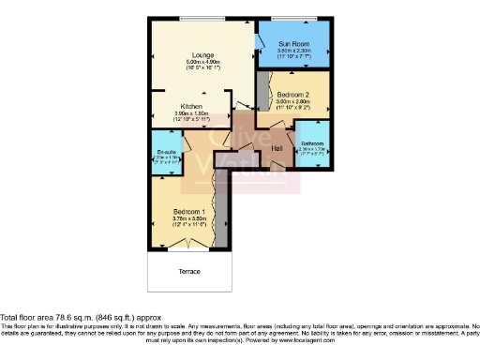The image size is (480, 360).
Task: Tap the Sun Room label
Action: pyautogui.click(x=295, y=43)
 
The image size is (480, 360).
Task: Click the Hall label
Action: pyautogui.click(x=277, y=148)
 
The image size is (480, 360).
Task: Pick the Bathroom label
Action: pyautogui.click(x=312, y=142)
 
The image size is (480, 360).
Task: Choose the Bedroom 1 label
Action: pyautogui.click(x=188, y=211)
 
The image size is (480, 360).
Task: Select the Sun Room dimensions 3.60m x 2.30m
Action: pyautogui.click(x=295, y=51)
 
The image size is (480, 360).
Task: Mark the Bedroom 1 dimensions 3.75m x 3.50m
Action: pyautogui.click(x=188, y=217)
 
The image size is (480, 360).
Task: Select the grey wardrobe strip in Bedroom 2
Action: pyautogui.click(x=261, y=92)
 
